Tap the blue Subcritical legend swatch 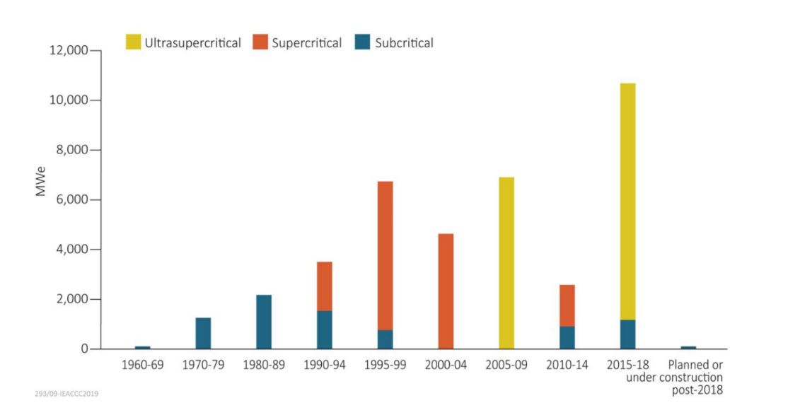[363, 43]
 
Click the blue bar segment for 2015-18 [627, 334]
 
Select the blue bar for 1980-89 [264, 322]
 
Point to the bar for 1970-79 [203, 333]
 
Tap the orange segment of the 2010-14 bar [567, 305]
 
